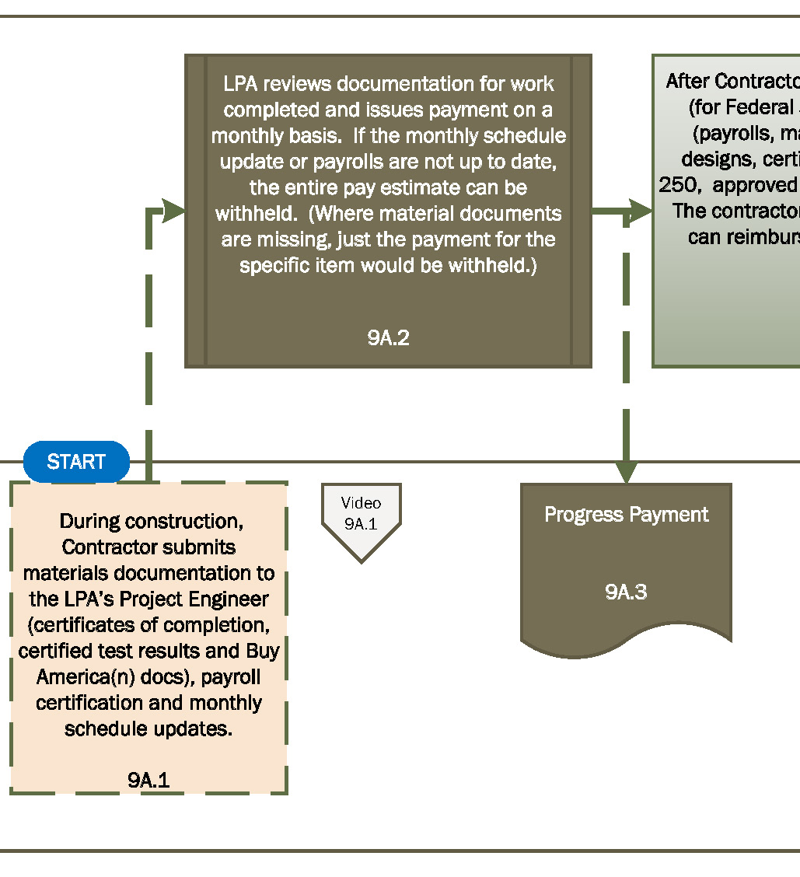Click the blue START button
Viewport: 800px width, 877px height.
76,462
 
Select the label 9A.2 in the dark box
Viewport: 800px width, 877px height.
388,338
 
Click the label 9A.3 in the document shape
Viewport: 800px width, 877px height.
626,592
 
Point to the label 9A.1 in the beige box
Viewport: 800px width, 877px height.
148,781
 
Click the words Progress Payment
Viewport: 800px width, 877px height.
626,515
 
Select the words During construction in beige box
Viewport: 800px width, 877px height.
148,520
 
